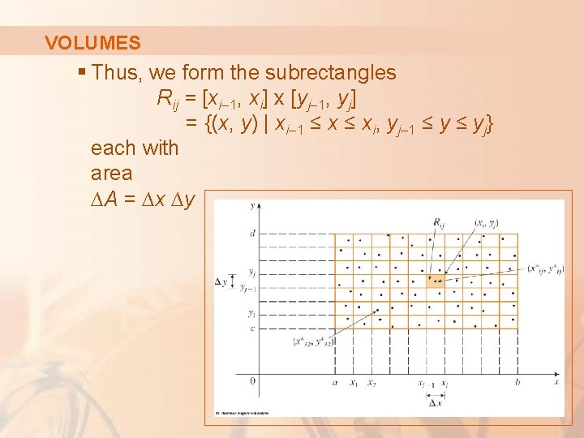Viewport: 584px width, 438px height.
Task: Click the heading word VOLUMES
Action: tap(92, 43)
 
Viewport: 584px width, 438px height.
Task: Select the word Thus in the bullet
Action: tap(117, 72)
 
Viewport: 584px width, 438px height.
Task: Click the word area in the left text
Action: tap(113, 174)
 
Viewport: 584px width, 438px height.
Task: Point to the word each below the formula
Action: tap(112, 148)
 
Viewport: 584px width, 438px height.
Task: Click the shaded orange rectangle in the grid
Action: tap(434, 281)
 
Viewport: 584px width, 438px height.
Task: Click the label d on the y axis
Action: tap(253, 233)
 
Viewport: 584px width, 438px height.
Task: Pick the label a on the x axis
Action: tap(335, 381)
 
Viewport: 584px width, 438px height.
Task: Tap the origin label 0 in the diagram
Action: tap(252, 380)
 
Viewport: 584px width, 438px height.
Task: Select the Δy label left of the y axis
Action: tap(221, 281)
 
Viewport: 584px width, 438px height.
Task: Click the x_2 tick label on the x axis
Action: tap(371, 382)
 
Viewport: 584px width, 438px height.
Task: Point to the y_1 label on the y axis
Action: tap(253, 312)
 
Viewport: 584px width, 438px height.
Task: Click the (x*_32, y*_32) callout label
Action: tap(313, 341)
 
